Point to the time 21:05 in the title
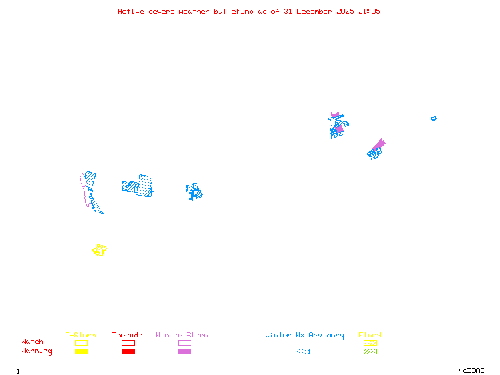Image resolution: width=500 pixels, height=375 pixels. pos(369,11)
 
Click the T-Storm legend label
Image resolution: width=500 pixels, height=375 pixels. pos(81,336)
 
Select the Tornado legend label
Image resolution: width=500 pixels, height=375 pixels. pos(127,336)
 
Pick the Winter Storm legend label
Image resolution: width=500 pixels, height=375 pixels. pos(182,336)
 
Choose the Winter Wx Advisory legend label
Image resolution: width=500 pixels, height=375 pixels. pos(304,336)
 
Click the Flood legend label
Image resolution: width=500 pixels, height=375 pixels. pos(370,336)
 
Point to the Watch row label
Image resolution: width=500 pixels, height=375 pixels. pos(32,342)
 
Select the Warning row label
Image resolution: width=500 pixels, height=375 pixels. pos(37,351)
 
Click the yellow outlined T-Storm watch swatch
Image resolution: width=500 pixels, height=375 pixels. pos(81,342)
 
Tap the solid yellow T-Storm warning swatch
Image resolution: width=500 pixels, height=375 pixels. pos(81,352)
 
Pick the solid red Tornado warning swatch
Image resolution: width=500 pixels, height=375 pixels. pos(128,352)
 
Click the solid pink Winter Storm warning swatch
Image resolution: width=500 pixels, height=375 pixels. pos(184,352)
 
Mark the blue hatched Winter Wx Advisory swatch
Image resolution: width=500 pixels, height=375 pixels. pos(303,352)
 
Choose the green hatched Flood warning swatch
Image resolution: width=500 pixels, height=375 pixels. pos(370,352)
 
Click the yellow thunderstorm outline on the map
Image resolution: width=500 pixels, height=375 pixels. pos(99,250)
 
